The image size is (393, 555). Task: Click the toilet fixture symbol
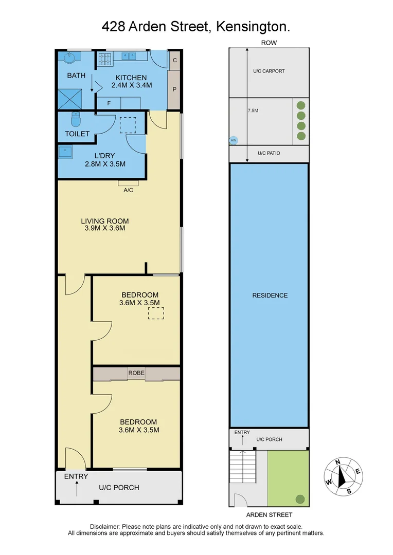[75, 119]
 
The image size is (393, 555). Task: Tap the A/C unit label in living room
[129, 190]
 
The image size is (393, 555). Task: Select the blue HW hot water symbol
[233, 140]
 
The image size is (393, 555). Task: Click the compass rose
[341, 475]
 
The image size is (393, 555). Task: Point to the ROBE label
[136, 373]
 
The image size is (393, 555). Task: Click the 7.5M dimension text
[253, 110]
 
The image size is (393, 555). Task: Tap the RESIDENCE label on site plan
[270, 295]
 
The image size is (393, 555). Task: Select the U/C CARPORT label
[269, 71]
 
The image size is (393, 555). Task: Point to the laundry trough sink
[65, 152]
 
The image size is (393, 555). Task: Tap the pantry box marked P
[174, 89]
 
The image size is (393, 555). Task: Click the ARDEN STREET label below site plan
[269, 514]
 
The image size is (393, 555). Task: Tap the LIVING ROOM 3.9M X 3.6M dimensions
[104, 228]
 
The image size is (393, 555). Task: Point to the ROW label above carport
[269, 43]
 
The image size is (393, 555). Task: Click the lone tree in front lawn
[300, 498]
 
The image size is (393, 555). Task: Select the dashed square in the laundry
[128, 125]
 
